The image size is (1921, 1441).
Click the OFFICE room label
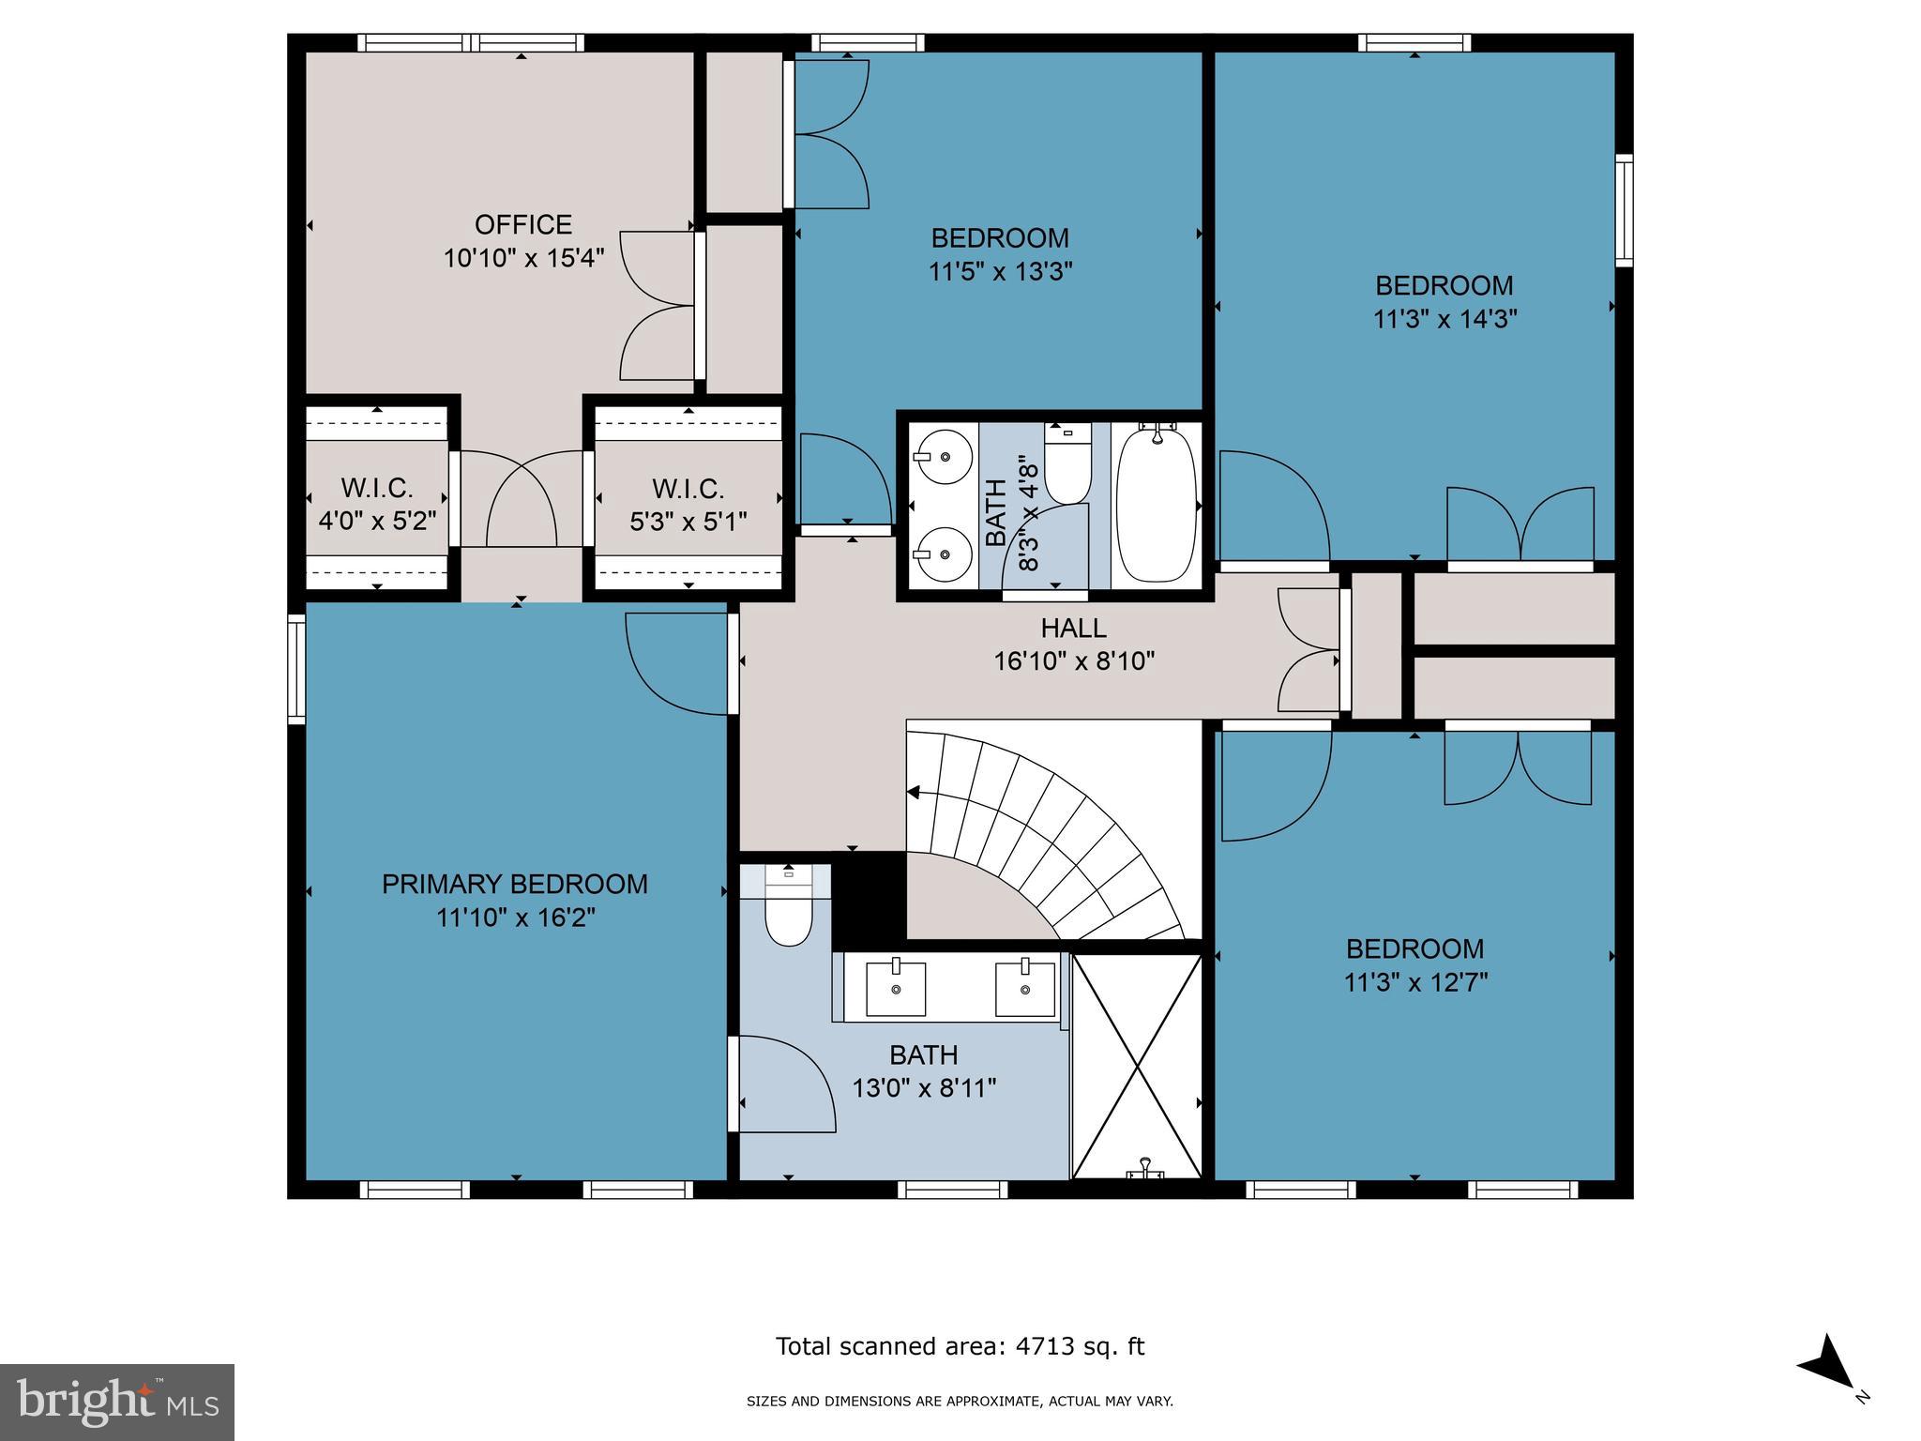(x=522, y=225)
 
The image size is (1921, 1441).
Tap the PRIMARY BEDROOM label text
(x=514, y=884)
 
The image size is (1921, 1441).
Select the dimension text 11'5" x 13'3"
(x=1000, y=272)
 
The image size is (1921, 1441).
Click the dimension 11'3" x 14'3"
(x=1445, y=319)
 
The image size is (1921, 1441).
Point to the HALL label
(x=1073, y=628)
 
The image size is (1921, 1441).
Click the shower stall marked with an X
(x=1136, y=1066)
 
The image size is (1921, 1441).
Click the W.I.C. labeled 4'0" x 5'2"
(x=377, y=504)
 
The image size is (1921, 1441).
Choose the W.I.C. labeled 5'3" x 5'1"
(x=688, y=504)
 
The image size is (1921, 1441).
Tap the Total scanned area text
(x=960, y=1346)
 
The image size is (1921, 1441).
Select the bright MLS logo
(x=117, y=1402)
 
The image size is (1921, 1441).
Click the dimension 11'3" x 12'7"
(x=1415, y=982)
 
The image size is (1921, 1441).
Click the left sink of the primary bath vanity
(x=895, y=989)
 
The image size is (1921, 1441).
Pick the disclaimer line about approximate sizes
(x=960, y=1402)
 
